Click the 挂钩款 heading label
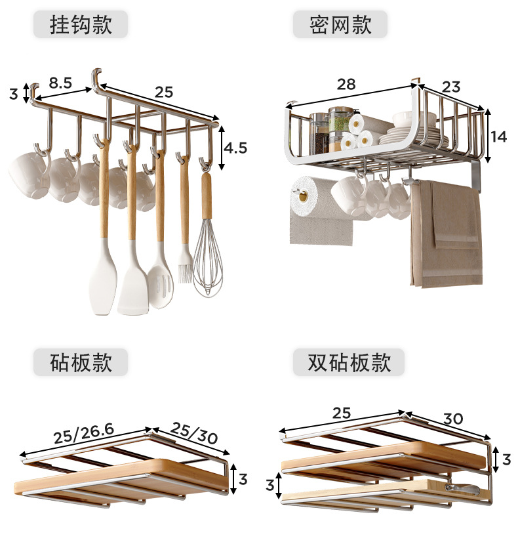81,25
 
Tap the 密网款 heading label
340,25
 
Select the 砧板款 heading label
81,362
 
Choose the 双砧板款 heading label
349,362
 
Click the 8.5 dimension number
60,83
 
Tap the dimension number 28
346,84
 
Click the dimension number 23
451,87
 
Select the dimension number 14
500,136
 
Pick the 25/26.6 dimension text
83,433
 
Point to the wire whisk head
208,265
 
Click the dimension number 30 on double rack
452,418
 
